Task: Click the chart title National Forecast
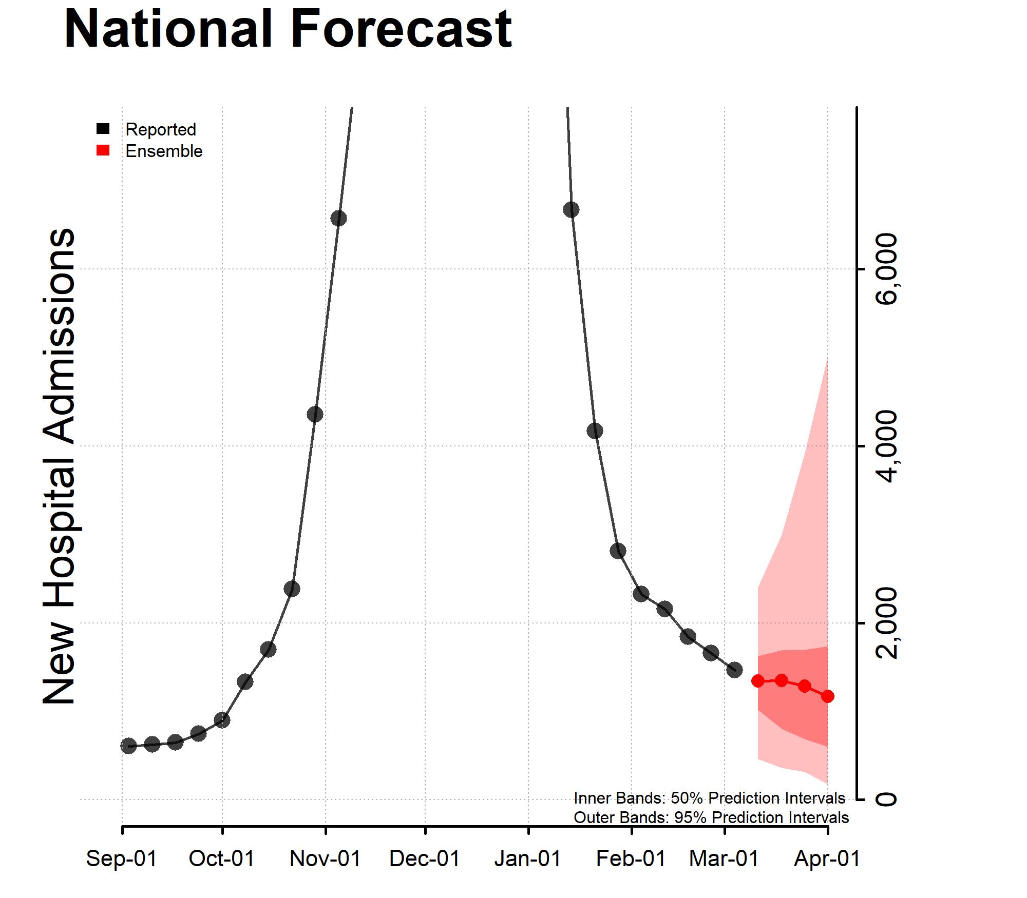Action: (288, 29)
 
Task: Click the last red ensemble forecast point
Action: (827, 696)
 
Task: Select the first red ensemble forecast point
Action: (758, 681)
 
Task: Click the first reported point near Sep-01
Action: (128, 746)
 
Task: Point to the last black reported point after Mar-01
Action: (735, 669)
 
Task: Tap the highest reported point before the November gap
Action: (338, 218)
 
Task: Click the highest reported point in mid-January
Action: (571, 209)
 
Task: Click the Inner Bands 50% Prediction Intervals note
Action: (709, 798)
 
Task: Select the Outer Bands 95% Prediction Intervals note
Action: (711, 817)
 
